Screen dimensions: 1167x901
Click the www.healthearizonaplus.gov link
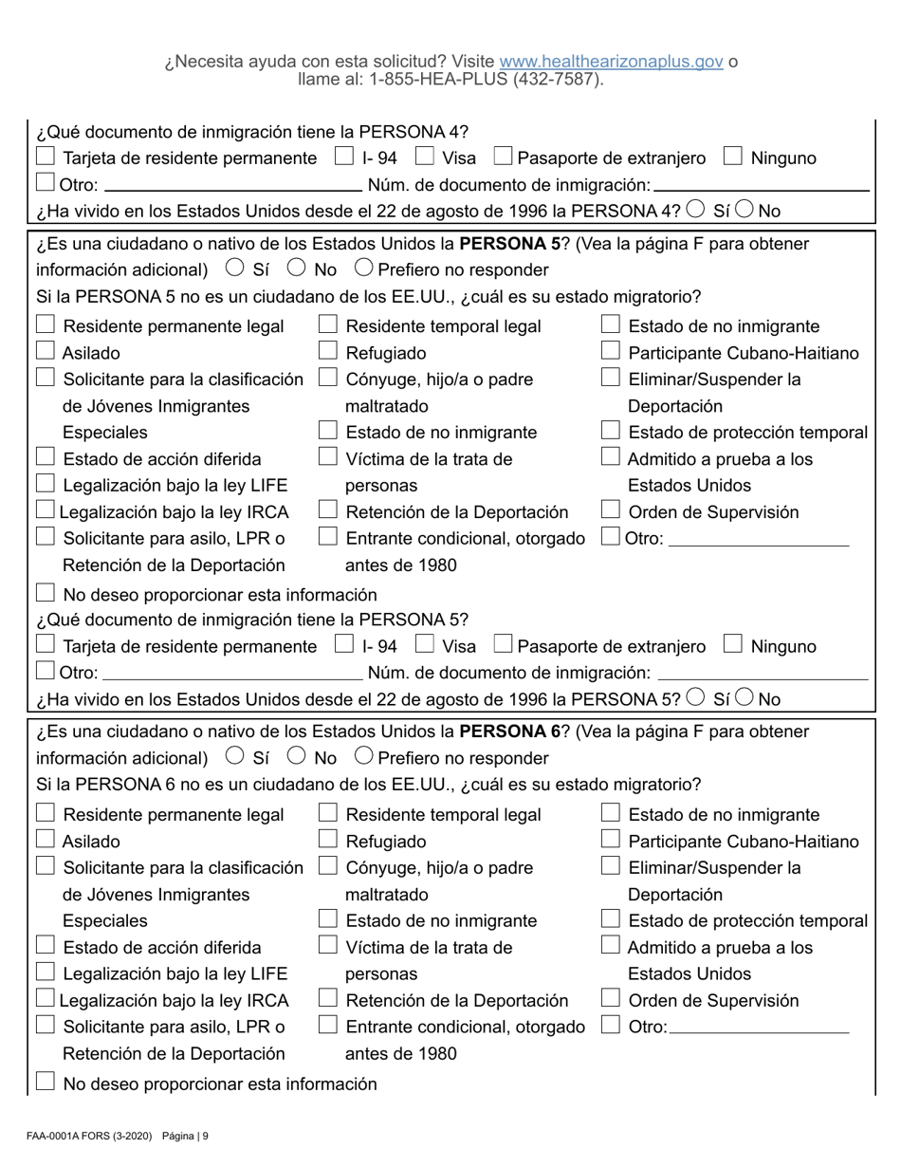click(611, 62)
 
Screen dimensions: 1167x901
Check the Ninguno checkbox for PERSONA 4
click(731, 157)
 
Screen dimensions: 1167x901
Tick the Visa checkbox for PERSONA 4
click(426, 157)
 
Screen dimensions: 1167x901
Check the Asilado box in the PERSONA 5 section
click(45, 352)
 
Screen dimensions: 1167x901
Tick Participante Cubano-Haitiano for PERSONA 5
click(611, 352)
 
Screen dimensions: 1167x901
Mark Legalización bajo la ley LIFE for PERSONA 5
click(45, 485)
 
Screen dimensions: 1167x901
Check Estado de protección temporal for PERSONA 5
click(611, 432)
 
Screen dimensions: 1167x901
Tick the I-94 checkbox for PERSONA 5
click(345, 646)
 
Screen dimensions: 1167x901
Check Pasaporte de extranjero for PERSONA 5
click(504, 646)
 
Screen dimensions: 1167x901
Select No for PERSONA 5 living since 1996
click(744, 699)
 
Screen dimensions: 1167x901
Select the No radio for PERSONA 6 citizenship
click(297, 757)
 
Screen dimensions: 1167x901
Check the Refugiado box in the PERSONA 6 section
click(327, 841)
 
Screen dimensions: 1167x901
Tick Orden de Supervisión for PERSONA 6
click(611, 999)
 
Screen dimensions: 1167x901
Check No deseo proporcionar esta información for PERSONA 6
click(45, 1083)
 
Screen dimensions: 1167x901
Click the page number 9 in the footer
click(205, 1136)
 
